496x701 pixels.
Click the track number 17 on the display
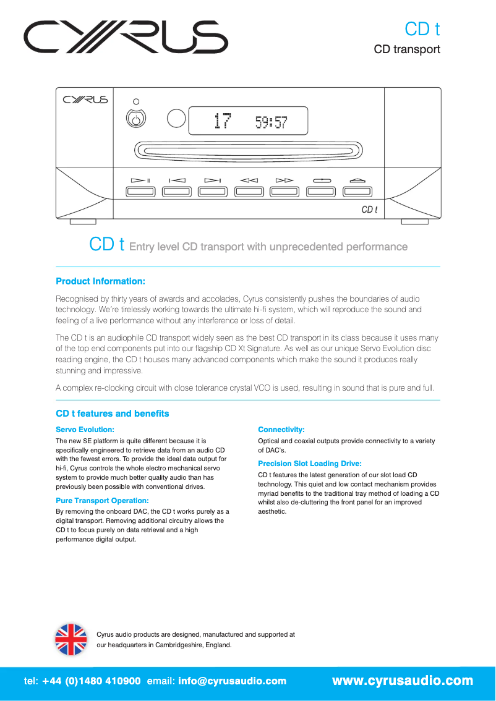(x=221, y=121)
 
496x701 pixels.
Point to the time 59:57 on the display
(x=272, y=122)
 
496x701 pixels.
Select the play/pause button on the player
(x=140, y=191)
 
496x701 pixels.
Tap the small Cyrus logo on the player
(x=85, y=100)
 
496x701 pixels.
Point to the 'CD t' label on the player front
(x=369, y=210)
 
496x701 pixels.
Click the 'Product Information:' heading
(x=100, y=281)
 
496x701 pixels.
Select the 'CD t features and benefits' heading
(x=112, y=414)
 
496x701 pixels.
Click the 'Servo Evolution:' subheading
(x=85, y=429)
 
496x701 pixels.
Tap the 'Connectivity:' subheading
(x=281, y=429)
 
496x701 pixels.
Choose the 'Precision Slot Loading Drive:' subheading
(x=309, y=464)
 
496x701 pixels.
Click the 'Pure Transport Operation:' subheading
(x=102, y=500)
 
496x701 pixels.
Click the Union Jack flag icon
(x=71, y=639)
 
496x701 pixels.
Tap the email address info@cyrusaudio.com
(x=233, y=681)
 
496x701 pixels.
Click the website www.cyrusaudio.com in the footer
(x=403, y=681)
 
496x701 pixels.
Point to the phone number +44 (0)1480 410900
(x=92, y=681)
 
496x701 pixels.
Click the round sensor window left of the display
(x=177, y=118)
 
